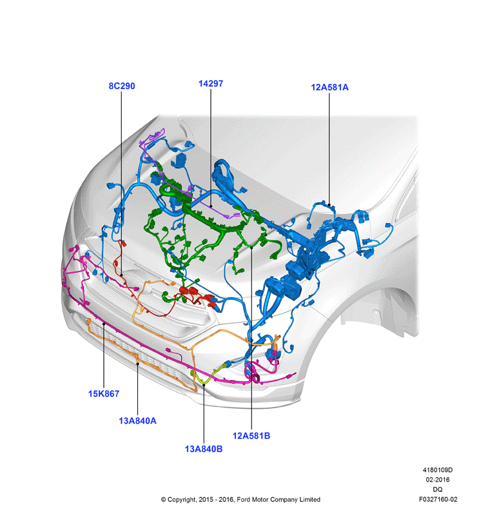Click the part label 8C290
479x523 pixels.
click(122, 86)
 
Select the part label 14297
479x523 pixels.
click(211, 84)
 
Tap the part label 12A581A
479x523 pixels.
click(329, 88)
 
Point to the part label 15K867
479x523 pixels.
click(104, 393)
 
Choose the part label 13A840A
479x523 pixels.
click(138, 420)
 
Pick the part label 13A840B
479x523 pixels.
click(204, 449)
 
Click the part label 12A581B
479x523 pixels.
click(251, 435)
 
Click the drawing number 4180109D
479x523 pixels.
click(438, 470)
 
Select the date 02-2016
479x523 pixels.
click(438, 480)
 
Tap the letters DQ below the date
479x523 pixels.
click(438, 489)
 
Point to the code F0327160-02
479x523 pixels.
click(438, 499)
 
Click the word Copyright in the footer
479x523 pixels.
click(182, 500)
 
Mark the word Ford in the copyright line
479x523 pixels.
click(243, 499)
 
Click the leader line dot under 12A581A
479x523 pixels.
click(329, 205)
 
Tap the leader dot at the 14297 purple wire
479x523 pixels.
click(211, 206)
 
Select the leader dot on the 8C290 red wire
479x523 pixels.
click(122, 275)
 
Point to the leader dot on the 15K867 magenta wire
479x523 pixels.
click(104, 324)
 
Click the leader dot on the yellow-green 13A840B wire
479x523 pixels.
click(204, 384)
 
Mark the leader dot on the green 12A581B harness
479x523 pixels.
click(251, 248)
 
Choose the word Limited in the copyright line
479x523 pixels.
click(310, 499)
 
